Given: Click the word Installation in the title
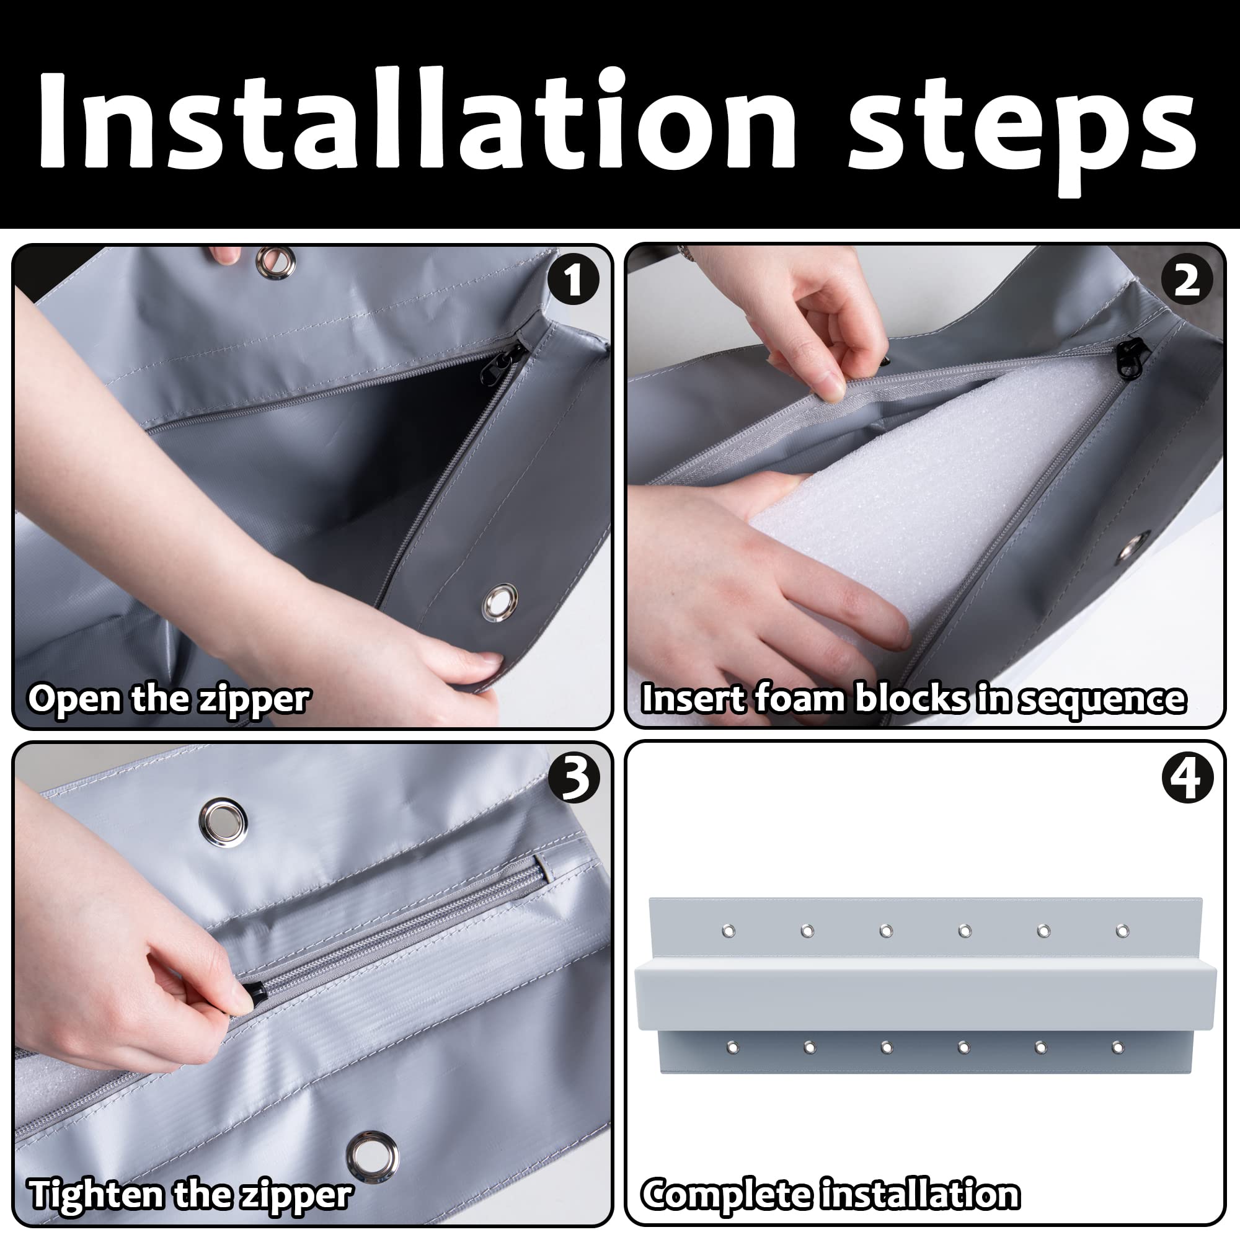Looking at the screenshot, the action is pyautogui.click(x=417, y=120).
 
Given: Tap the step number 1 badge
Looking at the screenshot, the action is pyautogui.click(x=573, y=280).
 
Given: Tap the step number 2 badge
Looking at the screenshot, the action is pyautogui.click(x=1187, y=280).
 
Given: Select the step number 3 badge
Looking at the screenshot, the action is pyautogui.click(x=573, y=777).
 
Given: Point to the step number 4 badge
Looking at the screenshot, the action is pyautogui.click(x=1187, y=777).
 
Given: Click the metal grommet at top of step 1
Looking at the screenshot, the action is pyautogui.click(x=276, y=260).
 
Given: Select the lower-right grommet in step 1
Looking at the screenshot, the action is pyautogui.click(x=500, y=602).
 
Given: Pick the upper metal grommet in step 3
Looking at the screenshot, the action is pyautogui.click(x=223, y=823).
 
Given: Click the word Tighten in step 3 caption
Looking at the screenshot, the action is pyautogui.click(x=97, y=1195).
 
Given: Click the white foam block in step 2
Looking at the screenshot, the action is pyautogui.click(x=924, y=513).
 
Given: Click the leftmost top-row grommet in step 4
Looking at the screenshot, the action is pyautogui.click(x=728, y=931).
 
